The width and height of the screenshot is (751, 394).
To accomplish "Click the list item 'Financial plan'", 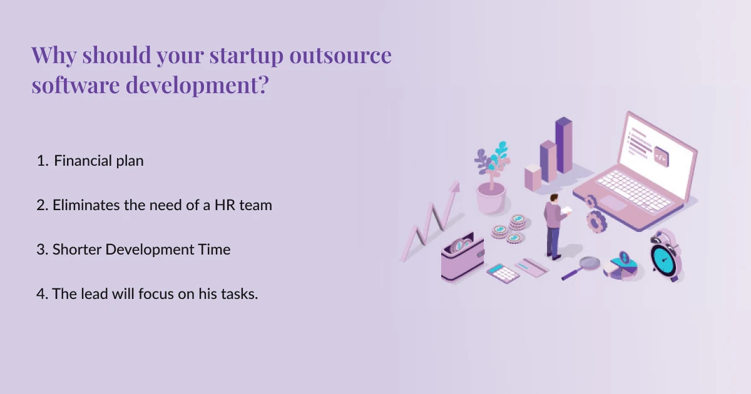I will [x=98, y=161].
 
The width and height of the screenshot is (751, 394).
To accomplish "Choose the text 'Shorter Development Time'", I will [x=141, y=250].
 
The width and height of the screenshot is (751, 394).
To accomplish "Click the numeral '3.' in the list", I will [x=43, y=250].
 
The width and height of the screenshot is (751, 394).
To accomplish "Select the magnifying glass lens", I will [x=589, y=263].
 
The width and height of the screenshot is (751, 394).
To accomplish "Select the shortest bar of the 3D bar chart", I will [x=533, y=178].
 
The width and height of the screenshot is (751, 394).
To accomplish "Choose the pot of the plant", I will [x=490, y=198].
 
